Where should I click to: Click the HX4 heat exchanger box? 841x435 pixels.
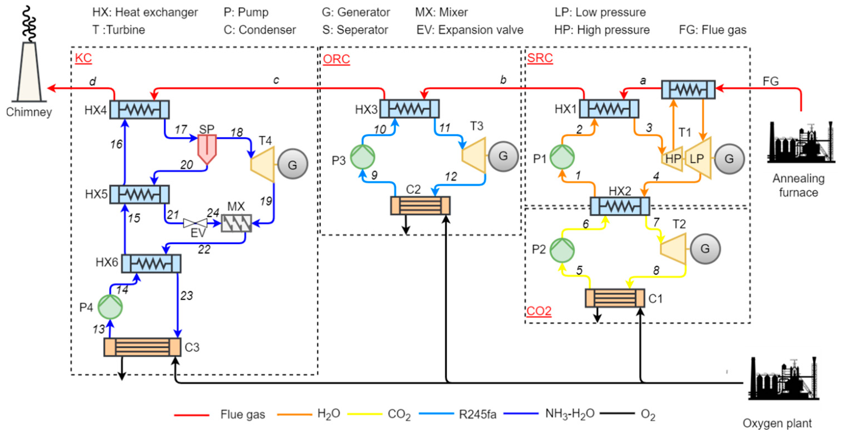click(139, 109)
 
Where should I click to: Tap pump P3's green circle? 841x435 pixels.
click(363, 157)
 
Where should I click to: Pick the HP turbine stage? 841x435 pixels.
click(672, 159)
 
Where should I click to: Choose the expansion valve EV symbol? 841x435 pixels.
click(195, 223)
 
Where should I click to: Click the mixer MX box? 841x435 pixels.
click(236, 223)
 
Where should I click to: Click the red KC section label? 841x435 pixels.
click(83, 58)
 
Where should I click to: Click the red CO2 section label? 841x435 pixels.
click(539, 311)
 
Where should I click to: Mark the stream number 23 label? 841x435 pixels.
click(187, 295)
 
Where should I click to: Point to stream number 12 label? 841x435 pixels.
click(451, 177)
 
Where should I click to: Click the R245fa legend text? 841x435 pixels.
click(478, 415)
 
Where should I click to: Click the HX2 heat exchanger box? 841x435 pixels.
click(620, 206)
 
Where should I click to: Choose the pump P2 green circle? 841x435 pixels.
click(562, 250)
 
